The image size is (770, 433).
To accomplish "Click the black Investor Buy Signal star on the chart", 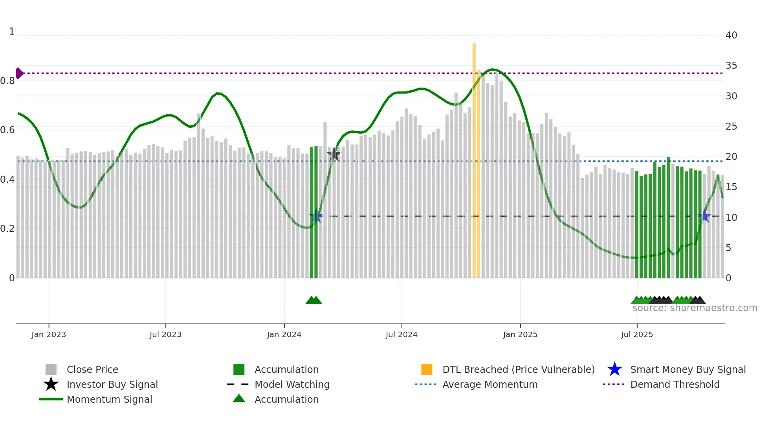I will pyautogui.click(x=334, y=154).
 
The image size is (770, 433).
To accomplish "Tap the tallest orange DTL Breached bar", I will pyautogui.click(x=474, y=157).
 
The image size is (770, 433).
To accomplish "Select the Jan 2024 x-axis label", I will pyautogui.click(x=284, y=334).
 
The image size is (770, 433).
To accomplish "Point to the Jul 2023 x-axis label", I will pyautogui.click(x=165, y=334).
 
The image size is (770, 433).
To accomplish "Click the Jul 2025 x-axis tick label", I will pyautogui.click(x=637, y=334).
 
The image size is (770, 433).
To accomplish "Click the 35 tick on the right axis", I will pyautogui.click(x=731, y=66).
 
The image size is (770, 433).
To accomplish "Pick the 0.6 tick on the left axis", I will pyautogui.click(x=7, y=130).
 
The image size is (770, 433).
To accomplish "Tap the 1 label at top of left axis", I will pyautogui.click(x=12, y=31).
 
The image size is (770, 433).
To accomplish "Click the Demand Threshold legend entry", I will pyautogui.click(x=675, y=384).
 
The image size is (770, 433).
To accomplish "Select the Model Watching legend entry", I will pyautogui.click(x=291, y=384).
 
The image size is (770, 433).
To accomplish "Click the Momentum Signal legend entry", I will pyautogui.click(x=109, y=399).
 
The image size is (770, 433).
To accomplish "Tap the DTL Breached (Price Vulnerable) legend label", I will pyautogui.click(x=518, y=369).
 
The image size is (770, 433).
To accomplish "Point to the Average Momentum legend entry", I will pyautogui.click(x=489, y=384).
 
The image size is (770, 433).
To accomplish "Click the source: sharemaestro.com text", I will pyautogui.click(x=695, y=308).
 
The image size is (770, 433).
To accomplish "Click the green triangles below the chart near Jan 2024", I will pyautogui.click(x=313, y=300).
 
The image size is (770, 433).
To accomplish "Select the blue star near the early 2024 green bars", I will pyautogui.click(x=316, y=216).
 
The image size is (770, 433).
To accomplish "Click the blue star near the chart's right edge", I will pyautogui.click(x=705, y=216).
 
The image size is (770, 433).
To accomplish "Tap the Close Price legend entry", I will pyautogui.click(x=92, y=369).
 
